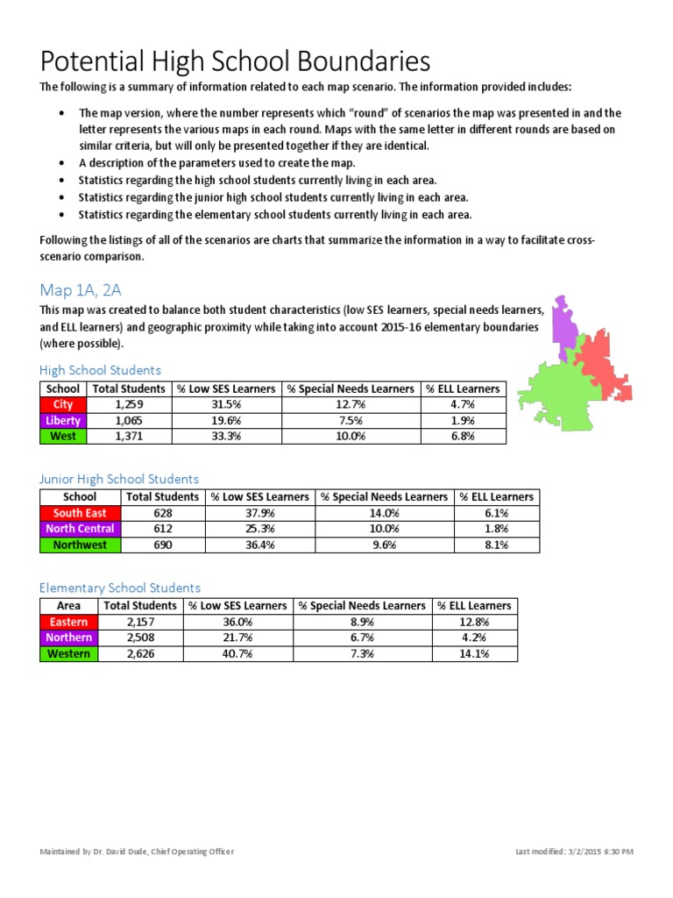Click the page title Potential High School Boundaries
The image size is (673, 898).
click(x=236, y=62)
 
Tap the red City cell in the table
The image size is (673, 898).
click(x=63, y=404)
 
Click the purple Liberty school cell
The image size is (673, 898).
click(x=63, y=420)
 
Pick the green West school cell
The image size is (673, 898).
click(x=63, y=436)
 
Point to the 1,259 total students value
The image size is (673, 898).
click(x=129, y=404)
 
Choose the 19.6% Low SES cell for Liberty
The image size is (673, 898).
click(x=226, y=420)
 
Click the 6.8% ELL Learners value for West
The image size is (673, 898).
click(x=463, y=436)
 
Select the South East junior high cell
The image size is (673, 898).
click(x=81, y=513)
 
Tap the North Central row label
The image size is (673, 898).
click(x=81, y=529)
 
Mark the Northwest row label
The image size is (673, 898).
click(x=81, y=545)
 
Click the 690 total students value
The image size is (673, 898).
click(x=163, y=545)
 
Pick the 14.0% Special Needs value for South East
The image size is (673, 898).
click(x=385, y=513)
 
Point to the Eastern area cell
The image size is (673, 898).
click(x=69, y=622)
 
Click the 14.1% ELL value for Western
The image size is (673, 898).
click(x=475, y=653)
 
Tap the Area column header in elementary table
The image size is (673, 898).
click(x=69, y=606)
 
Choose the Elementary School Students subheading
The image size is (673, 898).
click(x=120, y=588)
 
